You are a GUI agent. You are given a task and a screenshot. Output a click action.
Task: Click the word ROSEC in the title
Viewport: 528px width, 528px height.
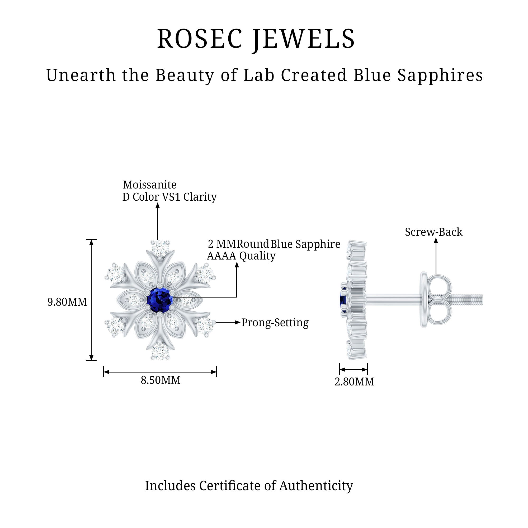tap(200, 39)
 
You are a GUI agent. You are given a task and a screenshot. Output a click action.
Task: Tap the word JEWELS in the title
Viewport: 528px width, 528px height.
tap(303, 39)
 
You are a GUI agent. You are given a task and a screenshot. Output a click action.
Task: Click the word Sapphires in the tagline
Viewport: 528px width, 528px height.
tap(440, 75)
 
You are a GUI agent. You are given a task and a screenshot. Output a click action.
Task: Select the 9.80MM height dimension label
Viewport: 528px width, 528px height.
tap(67, 302)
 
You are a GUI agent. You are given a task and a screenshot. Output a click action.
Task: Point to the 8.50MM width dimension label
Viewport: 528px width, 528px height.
tap(161, 380)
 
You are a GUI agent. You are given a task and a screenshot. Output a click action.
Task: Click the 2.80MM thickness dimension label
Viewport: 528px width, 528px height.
tap(354, 382)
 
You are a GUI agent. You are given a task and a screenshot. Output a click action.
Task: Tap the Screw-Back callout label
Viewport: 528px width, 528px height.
tap(433, 232)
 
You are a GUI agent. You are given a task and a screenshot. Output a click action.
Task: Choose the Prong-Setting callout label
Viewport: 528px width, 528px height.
tap(275, 323)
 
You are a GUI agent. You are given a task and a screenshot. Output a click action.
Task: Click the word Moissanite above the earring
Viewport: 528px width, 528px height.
tap(149, 185)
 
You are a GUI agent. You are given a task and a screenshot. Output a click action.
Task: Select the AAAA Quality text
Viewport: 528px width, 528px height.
tap(241, 256)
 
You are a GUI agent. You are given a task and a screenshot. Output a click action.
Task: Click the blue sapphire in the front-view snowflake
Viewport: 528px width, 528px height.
tap(160, 300)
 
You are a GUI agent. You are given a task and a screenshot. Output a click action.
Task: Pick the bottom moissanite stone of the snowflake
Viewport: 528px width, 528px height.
tap(160, 351)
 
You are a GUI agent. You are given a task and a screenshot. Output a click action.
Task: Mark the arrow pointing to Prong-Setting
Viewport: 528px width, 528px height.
tap(227, 323)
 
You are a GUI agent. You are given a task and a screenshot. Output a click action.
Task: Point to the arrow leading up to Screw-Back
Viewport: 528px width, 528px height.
tap(436, 256)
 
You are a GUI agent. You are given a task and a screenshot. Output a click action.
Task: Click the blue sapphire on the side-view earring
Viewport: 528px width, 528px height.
tap(343, 300)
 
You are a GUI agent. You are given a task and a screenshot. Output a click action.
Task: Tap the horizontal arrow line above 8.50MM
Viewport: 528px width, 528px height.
tap(160, 372)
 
